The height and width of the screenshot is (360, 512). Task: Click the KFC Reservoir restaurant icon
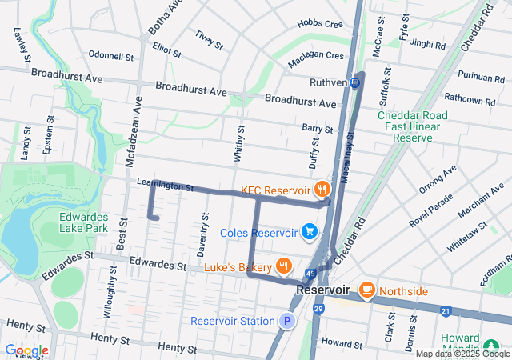click(x=322, y=190)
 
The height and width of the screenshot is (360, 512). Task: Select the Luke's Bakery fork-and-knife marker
click(x=283, y=266)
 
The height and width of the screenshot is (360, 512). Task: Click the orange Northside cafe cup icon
click(x=368, y=289)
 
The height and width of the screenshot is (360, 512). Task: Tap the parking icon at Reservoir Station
click(x=286, y=322)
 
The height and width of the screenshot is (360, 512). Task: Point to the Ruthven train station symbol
click(x=354, y=82)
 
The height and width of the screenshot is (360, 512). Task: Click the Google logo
click(x=26, y=350)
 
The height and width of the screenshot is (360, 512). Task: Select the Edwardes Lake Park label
click(x=83, y=222)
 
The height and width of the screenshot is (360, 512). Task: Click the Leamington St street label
click(x=166, y=186)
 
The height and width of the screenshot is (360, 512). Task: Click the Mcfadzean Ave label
click(x=133, y=132)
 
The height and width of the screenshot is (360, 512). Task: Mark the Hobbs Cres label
click(x=319, y=25)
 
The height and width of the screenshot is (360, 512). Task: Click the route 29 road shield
click(x=318, y=309)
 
